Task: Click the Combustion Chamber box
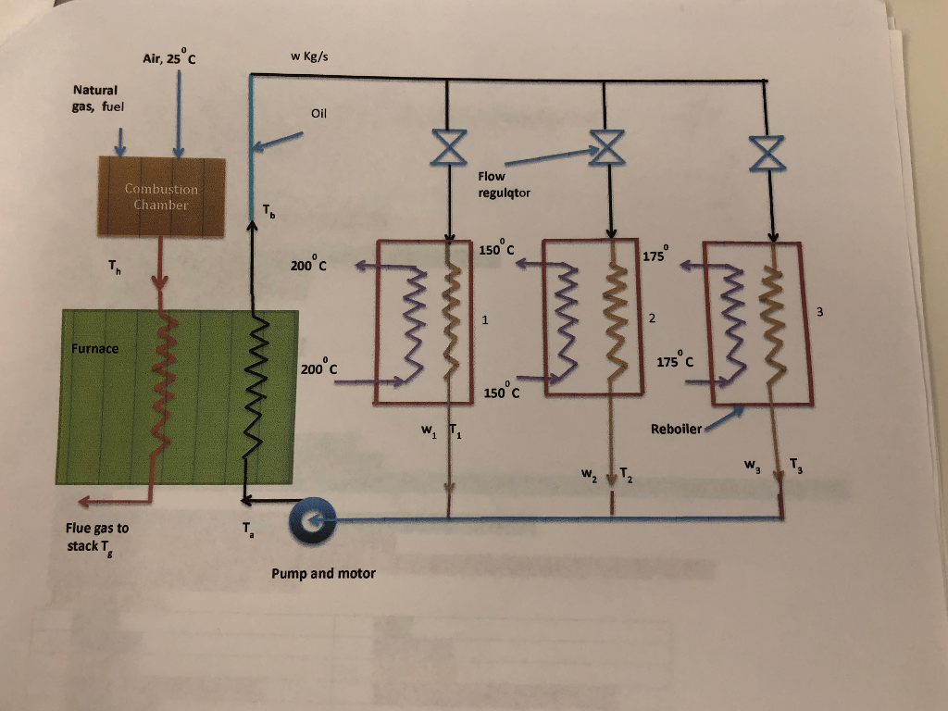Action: click(161, 196)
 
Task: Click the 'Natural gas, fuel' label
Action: click(97, 98)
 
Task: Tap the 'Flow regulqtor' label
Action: click(504, 185)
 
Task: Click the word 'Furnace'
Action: click(94, 349)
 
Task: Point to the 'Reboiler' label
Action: click(677, 429)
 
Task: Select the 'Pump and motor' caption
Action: click(323, 573)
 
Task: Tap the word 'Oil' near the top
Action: click(320, 115)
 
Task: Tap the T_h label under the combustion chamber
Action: click(112, 270)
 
